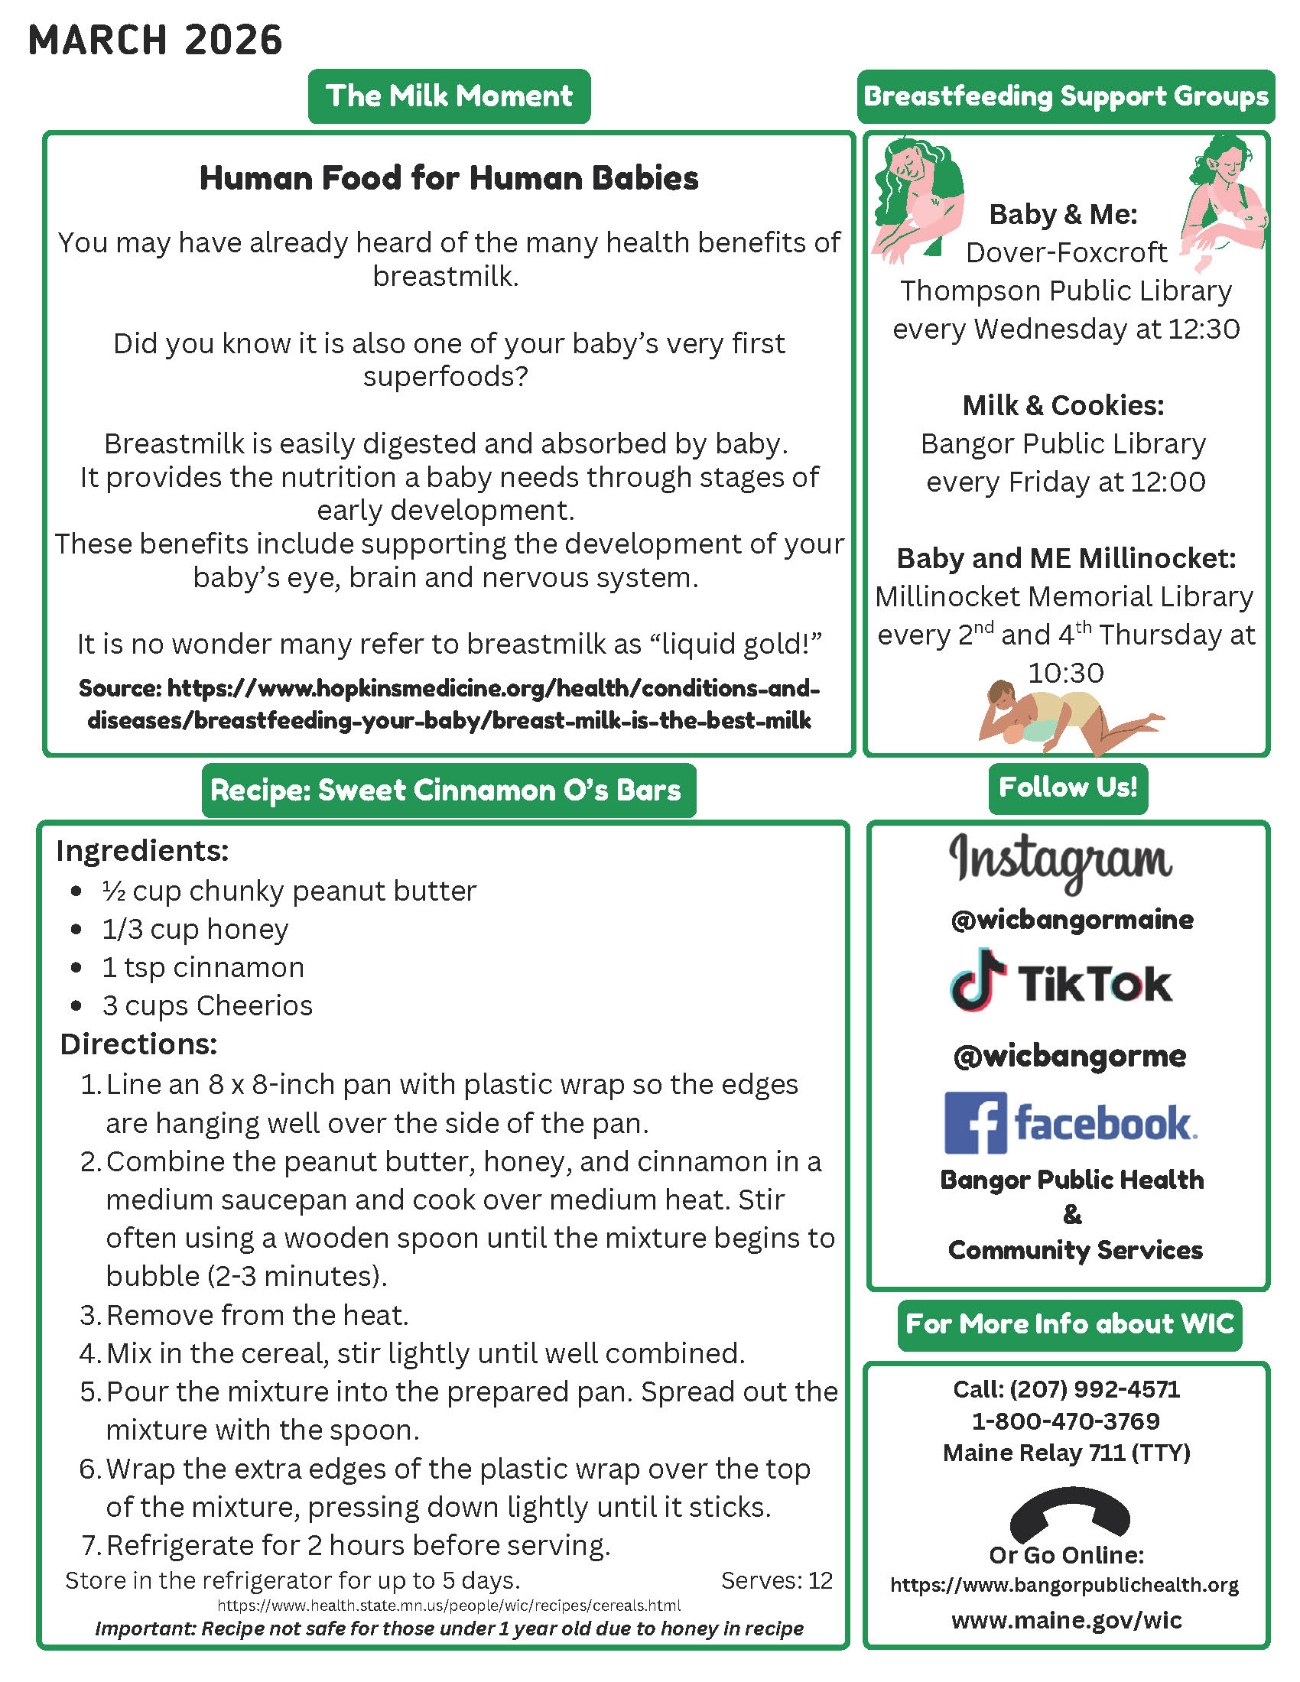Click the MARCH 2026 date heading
(x=155, y=41)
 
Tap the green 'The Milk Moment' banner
(x=449, y=96)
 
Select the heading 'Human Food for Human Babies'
(x=449, y=178)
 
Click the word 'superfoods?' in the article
(x=445, y=377)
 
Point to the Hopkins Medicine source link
(x=449, y=704)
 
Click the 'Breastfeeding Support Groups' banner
(x=1066, y=96)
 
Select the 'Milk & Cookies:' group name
(x=1063, y=405)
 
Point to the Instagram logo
(x=1061, y=861)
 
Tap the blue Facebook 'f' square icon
(x=975, y=1122)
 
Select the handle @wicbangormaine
(x=1072, y=920)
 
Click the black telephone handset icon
(x=1069, y=1515)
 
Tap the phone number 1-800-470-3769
(x=1066, y=1421)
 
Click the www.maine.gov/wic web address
(x=1067, y=1620)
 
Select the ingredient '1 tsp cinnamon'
(x=203, y=967)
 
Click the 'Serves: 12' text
(x=776, y=1580)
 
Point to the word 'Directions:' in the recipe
(x=138, y=1044)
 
